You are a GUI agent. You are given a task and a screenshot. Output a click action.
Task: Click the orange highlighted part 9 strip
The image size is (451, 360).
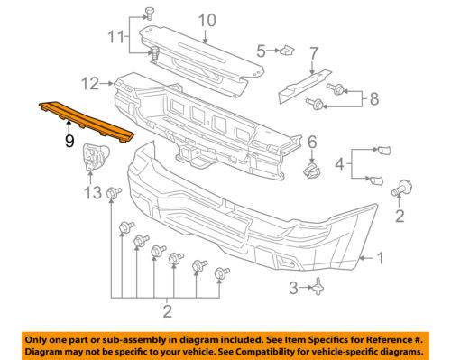(x=86, y=122)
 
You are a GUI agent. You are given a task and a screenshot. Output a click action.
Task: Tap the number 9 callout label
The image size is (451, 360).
(x=69, y=141)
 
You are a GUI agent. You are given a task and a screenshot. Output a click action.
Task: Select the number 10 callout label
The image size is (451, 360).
(x=207, y=21)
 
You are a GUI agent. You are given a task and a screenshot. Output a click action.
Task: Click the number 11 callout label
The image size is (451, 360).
(x=116, y=37)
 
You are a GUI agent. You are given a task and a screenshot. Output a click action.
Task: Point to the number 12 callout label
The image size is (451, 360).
(x=90, y=84)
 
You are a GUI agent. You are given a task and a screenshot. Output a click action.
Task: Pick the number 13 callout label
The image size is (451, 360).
(x=93, y=192)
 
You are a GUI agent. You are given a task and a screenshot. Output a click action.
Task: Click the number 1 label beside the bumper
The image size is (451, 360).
(x=381, y=258)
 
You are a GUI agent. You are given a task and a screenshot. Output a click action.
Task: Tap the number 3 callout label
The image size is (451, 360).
(x=293, y=288)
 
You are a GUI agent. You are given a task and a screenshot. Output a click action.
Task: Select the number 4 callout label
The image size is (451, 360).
(x=339, y=164)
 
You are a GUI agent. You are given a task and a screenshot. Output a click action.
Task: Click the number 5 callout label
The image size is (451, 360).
(x=261, y=51)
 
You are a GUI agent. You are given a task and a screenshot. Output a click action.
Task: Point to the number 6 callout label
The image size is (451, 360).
(x=312, y=142)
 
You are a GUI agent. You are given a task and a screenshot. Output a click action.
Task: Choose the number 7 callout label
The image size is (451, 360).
(x=313, y=53)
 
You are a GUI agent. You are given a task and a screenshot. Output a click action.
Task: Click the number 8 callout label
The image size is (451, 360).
(x=374, y=99)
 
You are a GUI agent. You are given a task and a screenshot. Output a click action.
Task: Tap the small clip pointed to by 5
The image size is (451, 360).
(x=287, y=51)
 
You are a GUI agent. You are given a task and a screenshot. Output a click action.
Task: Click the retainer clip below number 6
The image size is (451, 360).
(x=312, y=171)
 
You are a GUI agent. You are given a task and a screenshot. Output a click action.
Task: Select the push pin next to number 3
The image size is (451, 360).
(x=318, y=287)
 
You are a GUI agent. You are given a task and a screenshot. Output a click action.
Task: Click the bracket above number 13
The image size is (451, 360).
(x=95, y=157)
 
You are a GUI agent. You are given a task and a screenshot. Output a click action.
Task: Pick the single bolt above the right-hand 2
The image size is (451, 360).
(x=401, y=189)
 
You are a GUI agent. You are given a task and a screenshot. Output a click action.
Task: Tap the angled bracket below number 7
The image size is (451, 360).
(x=304, y=86)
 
